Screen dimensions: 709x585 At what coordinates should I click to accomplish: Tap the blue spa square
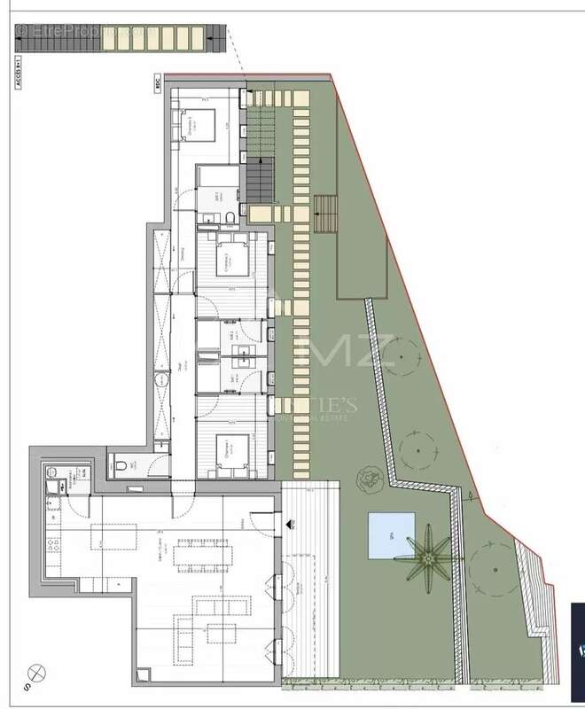pyautogui.click(x=389, y=535)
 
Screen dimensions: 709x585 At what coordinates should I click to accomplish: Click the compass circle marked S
pyautogui.click(x=35, y=672)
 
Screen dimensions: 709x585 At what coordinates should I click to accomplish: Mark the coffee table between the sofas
pyautogui.click(x=222, y=633)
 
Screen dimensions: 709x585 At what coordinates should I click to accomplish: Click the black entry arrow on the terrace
pyautogui.click(x=290, y=526)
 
